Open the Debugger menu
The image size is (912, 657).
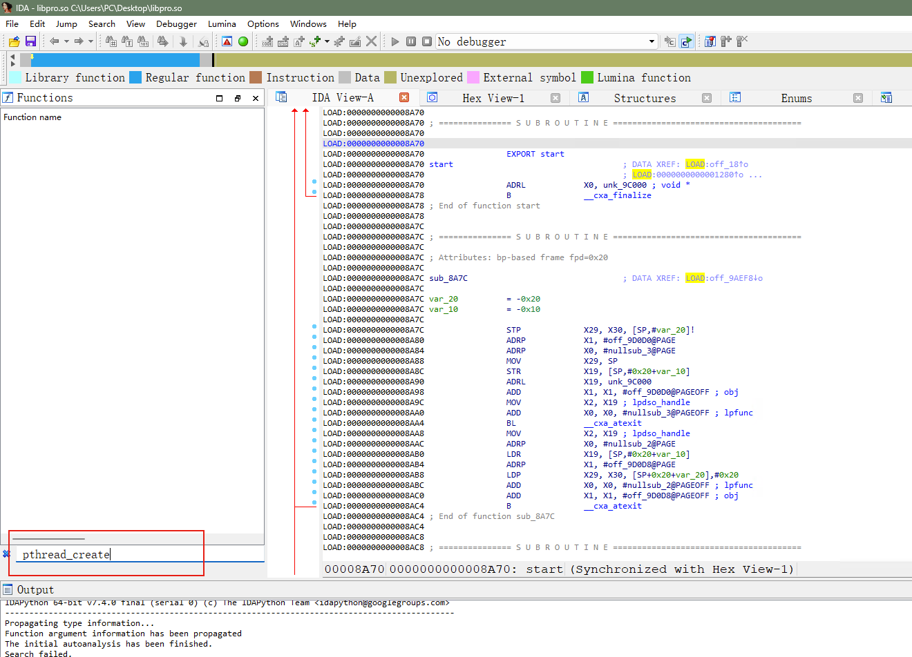tap(176, 24)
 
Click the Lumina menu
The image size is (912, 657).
tap(222, 24)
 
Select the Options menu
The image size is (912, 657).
tap(263, 24)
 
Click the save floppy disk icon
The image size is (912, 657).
tap(30, 41)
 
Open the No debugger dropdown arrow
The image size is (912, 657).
tap(652, 41)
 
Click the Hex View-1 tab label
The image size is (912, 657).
tap(493, 98)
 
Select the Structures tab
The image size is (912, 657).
tap(645, 98)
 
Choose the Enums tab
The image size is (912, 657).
tap(797, 98)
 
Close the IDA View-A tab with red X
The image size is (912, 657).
tap(404, 97)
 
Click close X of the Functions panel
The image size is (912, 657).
tap(256, 98)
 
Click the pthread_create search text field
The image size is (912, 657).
tap(138, 555)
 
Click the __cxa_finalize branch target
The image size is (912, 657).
tap(617, 195)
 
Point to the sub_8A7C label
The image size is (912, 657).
tap(448, 278)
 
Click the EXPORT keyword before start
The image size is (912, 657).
tap(520, 154)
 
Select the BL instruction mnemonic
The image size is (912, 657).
tap(511, 423)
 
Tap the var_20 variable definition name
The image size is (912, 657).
tap(444, 299)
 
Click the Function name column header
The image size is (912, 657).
tap(32, 117)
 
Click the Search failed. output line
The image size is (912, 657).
tap(38, 653)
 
